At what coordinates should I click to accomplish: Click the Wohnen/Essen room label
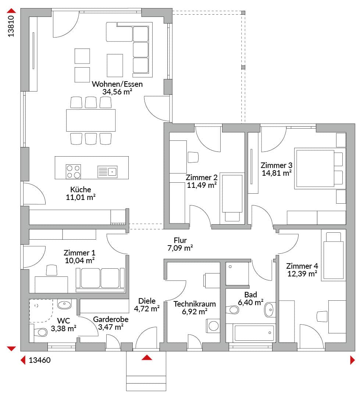click(117, 84)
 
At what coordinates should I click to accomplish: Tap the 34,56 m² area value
click(117, 92)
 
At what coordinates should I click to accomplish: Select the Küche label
click(81, 189)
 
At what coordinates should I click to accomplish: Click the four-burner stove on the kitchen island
click(73, 172)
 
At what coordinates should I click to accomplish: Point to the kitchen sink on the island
click(107, 172)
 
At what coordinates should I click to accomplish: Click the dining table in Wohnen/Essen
click(91, 120)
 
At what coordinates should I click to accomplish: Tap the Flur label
click(180, 240)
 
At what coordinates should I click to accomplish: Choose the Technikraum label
click(195, 304)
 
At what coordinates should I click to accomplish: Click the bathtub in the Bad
click(254, 333)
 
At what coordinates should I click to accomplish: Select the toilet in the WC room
click(40, 332)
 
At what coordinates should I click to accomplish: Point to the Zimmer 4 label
click(302, 266)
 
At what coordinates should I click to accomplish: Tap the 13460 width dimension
click(40, 360)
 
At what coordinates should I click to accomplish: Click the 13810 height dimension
click(11, 26)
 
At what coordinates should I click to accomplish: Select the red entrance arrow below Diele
click(147, 358)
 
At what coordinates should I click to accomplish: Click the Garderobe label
click(111, 319)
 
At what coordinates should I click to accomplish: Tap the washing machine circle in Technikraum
click(214, 326)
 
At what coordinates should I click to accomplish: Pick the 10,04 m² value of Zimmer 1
click(80, 260)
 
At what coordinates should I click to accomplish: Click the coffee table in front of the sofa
click(115, 65)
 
